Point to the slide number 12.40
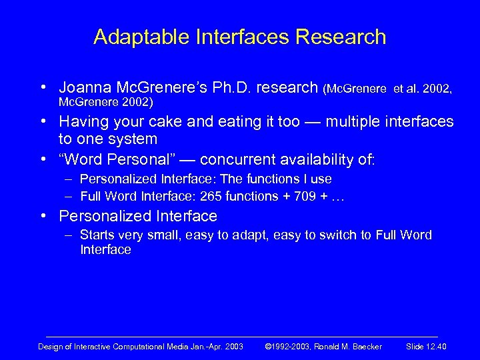click(x=437, y=345)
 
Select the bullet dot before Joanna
click(x=43, y=88)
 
